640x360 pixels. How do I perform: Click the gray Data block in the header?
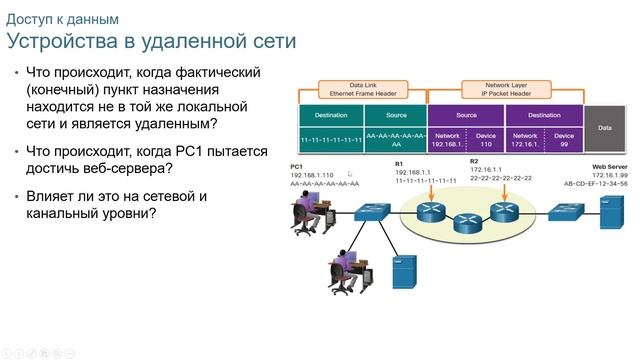pos(604,128)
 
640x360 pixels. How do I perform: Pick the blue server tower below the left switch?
pos(403,269)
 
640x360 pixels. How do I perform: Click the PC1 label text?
pos(296,166)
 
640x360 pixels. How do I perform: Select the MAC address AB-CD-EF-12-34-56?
pos(609,184)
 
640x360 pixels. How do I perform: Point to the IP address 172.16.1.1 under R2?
pos(487,170)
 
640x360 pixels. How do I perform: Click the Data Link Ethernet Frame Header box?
pos(362,90)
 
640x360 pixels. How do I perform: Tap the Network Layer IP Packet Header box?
pos(505,90)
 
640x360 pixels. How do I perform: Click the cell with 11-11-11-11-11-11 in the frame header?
pos(331,139)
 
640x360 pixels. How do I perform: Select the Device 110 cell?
pos(486,139)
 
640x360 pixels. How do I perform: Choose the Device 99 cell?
pos(564,139)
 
